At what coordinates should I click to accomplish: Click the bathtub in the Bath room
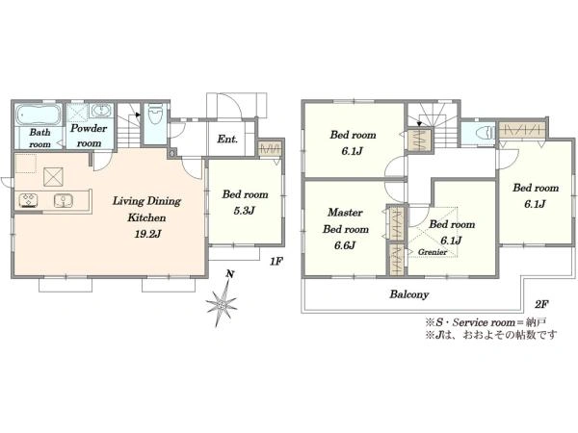coord(38,115)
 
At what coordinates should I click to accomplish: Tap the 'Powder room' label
coord(89,136)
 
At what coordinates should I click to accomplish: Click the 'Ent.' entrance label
coord(227,139)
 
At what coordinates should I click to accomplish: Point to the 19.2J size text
coord(147,234)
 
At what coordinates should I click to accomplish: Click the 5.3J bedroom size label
coord(245,211)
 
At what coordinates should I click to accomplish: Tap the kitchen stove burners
coord(29,199)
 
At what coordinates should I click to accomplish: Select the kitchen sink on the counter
coord(64,200)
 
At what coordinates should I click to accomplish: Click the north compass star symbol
coord(222,304)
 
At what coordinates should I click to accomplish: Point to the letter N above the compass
coord(230,274)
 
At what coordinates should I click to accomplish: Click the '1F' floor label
coord(276,262)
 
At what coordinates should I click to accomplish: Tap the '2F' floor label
coord(541,304)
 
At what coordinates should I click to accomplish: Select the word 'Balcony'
coord(409,294)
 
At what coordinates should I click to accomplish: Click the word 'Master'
coord(346,212)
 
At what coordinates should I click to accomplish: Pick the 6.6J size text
coord(345,245)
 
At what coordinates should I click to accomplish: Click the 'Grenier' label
coord(433,252)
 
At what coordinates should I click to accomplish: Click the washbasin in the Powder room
coord(100,111)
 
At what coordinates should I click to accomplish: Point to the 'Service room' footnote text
coord(484,322)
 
